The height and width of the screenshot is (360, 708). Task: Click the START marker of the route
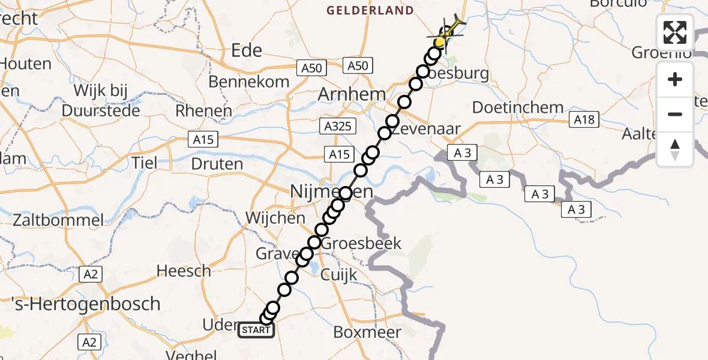(x=257, y=330)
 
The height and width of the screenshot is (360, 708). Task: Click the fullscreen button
(x=675, y=32)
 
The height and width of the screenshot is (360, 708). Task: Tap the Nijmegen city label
(x=331, y=192)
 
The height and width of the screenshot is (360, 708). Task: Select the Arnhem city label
(x=351, y=94)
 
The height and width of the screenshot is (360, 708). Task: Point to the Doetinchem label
(x=518, y=108)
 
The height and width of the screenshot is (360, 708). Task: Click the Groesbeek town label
(x=362, y=244)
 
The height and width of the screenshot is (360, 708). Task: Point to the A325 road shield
(x=339, y=126)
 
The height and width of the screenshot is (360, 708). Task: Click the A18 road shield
(x=584, y=120)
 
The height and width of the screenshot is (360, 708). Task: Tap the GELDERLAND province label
(x=370, y=10)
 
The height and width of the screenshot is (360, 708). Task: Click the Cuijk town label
(x=340, y=275)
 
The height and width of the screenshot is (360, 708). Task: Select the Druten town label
(x=217, y=164)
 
